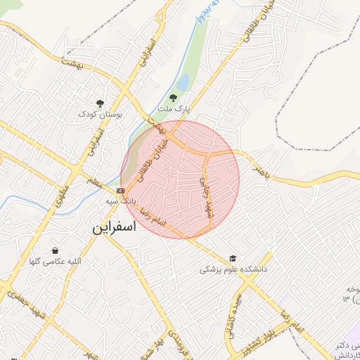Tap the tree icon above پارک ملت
[174, 98]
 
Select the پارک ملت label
[174, 110]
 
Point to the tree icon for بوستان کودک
[100, 103]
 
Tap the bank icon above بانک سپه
[120, 190]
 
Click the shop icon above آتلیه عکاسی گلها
[56, 250]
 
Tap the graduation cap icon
[233, 258]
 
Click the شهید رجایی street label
[206, 196]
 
